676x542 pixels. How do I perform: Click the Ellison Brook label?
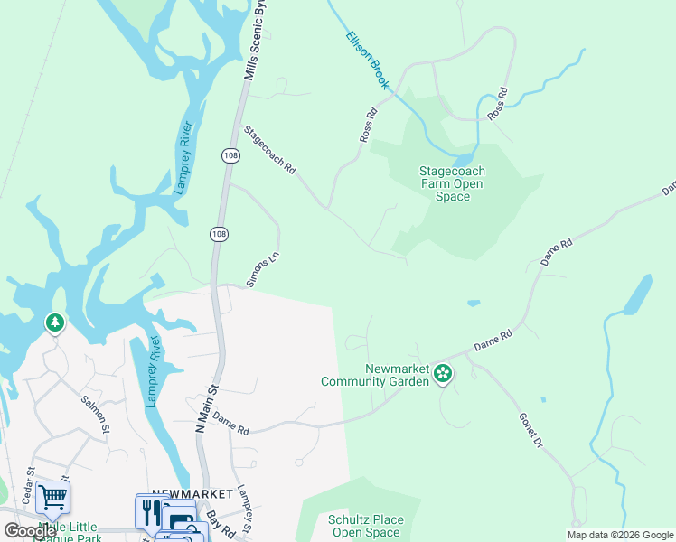pos(368,61)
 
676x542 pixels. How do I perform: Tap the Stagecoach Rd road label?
pos(269,150)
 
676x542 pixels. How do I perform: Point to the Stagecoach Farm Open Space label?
pos(452,183)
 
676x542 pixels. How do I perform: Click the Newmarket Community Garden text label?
pos(374,375)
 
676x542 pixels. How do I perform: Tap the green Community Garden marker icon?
pos(443,373)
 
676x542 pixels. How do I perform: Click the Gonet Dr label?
pos(530,431)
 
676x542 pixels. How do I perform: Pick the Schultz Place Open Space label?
pos(365,526)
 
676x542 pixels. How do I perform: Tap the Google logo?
pos(30,531)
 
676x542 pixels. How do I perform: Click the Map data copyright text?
pos(620,535)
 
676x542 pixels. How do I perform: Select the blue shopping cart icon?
pos(52,496)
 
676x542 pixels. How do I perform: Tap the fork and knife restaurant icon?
pos(150,510)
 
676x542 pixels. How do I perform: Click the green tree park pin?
pos(54,322)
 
